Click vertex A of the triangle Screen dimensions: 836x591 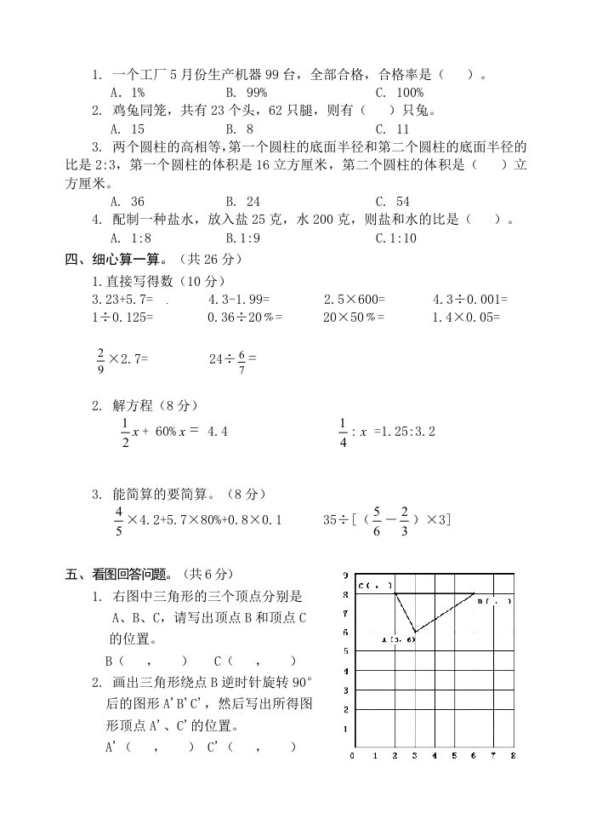point(415,632)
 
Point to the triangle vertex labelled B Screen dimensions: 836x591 point(475,593)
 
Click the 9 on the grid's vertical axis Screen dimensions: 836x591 point(344,575)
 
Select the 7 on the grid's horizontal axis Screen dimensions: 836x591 point(493,756)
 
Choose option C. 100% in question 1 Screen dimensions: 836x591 point(399,92)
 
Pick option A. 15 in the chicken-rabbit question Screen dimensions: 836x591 point(127,129)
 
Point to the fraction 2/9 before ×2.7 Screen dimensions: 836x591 point(100,359)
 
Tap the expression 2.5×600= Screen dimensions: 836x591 point(355,299)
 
